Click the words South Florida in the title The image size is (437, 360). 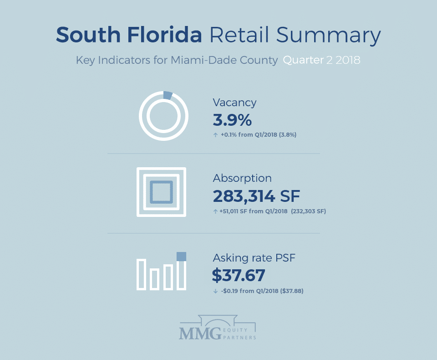click(129, 36)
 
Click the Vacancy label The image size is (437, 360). click(234, 103)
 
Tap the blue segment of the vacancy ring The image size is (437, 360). click(168, 95)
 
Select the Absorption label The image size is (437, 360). click(242, 178)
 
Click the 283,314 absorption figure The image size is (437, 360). click(244, 196)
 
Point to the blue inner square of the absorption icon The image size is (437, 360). click(161, 192)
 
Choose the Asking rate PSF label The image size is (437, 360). click(254, 258)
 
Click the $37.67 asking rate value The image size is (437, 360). click(239, 275)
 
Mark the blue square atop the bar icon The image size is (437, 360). click(181, 257)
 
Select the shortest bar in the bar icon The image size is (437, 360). click(154, 279)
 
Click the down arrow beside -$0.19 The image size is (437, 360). click(215, 291)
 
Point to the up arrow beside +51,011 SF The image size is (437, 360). click(215, 211)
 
